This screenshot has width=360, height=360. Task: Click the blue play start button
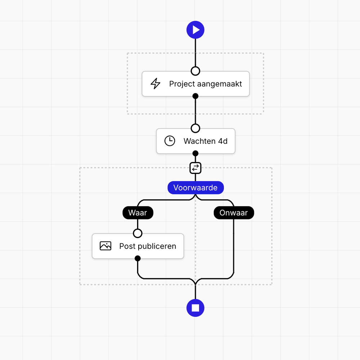coord(195,30)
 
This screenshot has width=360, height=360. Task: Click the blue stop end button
coord(195,308)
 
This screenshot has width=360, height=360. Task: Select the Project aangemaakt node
coord(195,84)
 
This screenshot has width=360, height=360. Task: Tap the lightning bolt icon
coord(155,84)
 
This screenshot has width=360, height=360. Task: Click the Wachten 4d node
coord(195,141)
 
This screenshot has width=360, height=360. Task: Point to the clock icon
coord(170,141)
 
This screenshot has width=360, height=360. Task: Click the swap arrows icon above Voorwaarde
coord(195,167)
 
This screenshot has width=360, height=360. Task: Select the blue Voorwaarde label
coord(195,188)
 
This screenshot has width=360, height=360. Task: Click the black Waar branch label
coord(138,213)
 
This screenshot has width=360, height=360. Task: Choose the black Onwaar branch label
coord(234,213)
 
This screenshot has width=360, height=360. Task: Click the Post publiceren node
coord(138,246)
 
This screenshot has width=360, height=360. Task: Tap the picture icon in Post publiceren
coord(105,246)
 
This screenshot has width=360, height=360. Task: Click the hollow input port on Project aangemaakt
coord(195,71)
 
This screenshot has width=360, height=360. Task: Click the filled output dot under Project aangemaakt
coord(195,96)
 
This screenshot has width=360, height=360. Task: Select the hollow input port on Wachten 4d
coord(195,129)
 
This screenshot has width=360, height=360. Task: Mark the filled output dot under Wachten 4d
coord(195,153)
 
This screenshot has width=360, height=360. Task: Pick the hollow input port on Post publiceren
coord(138,233)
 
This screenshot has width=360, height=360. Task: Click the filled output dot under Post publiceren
coord(138,258)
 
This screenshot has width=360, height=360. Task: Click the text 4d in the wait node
coord(222,141)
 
